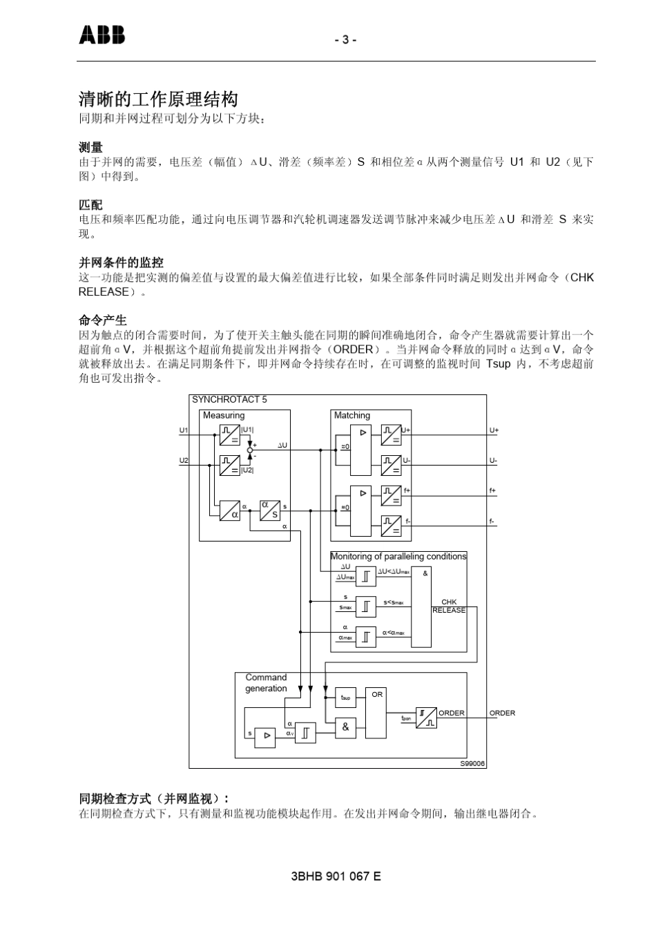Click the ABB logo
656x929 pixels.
click(102, 35)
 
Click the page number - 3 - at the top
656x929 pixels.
click(345, 40)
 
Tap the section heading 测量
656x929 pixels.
click(90, 147)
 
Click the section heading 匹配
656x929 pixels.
click(90, 205)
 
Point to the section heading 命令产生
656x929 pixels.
click(102, 320)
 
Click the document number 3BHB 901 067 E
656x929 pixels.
click(336, 877)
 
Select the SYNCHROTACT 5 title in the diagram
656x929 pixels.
click(229, 400)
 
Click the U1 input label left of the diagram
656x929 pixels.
click(184, 430)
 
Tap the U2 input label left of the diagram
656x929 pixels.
click(184, 461)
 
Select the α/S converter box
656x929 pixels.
click(270, 510)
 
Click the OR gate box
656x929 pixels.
click(376, 712)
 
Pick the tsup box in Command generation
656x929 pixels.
click(345, 697)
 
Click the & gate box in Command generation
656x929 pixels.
click(345, 727)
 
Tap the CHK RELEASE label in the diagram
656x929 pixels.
click(449, 606)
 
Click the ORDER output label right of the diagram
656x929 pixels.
click(502, 713)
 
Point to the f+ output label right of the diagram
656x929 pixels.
click(492, 490)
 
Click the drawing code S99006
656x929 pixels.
click(472, 763)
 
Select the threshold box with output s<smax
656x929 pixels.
click(366, 606)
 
